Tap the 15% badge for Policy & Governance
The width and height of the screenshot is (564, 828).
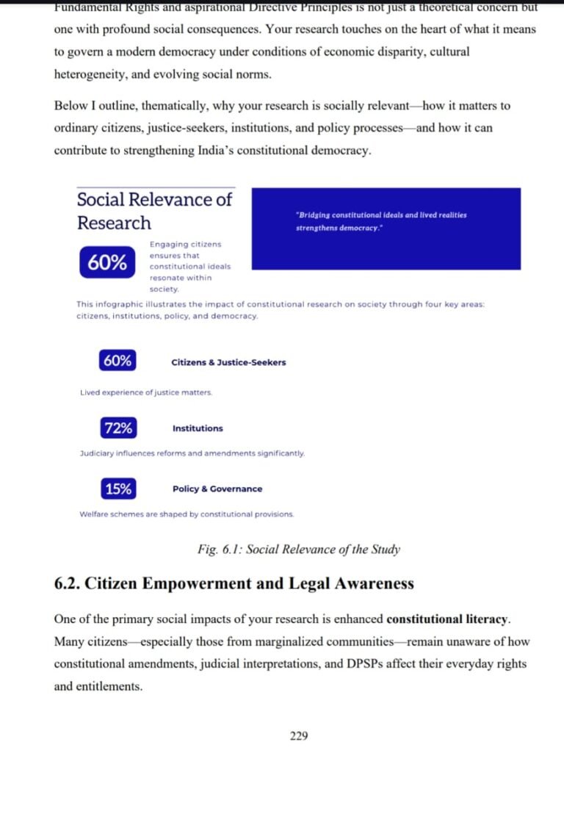click(x=117, y=489)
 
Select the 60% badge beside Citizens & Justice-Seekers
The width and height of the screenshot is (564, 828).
click(x=117, y=361)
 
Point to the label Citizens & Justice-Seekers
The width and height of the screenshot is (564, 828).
click(x=228, y=362)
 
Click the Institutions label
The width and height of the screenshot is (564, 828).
click(x=198, y=428)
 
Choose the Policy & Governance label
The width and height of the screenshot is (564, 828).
click(x=217, y=489)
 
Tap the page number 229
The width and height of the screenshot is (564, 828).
click(x=299, y=735)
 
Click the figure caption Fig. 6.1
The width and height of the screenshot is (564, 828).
click(x=299, y=550)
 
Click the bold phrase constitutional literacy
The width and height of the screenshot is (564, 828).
click(x=447, y=619)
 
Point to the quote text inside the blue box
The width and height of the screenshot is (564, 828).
click(x=380, y=221)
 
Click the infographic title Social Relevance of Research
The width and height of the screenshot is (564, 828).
click(x=154, y=211)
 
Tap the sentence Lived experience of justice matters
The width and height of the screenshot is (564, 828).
click(x=146, y=393)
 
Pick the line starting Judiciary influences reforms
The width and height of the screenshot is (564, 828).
click(x=192, y=454)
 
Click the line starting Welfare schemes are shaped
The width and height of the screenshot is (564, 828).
click(x=187, y=514)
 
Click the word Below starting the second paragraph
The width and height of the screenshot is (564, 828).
click(x=70, y=106)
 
